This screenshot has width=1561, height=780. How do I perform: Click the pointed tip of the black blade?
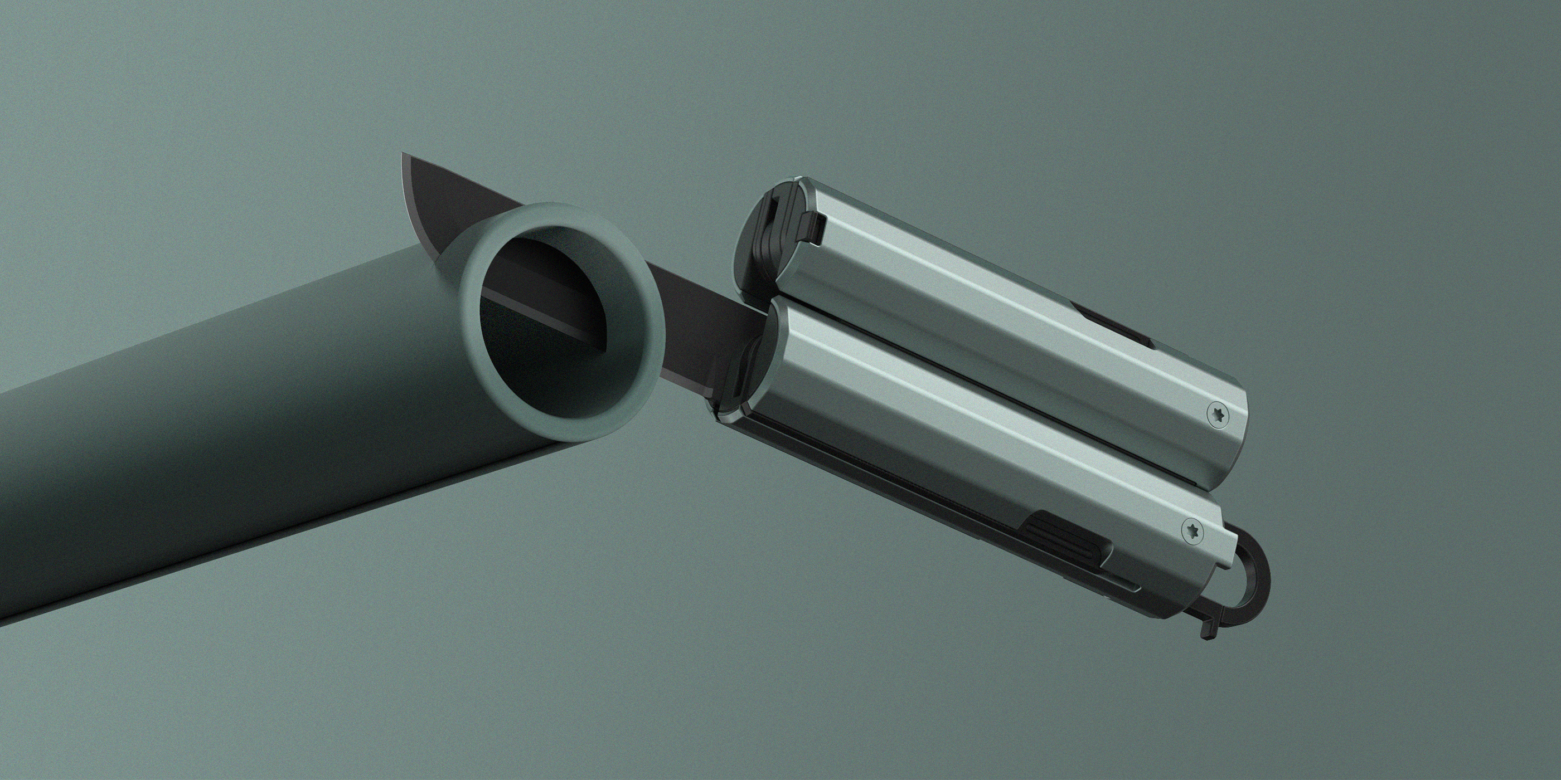tap(404, 156)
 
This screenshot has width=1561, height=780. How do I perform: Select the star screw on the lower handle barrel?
tap(1191, 531)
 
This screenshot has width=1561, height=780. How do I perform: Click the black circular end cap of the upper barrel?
tap(764, 242)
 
